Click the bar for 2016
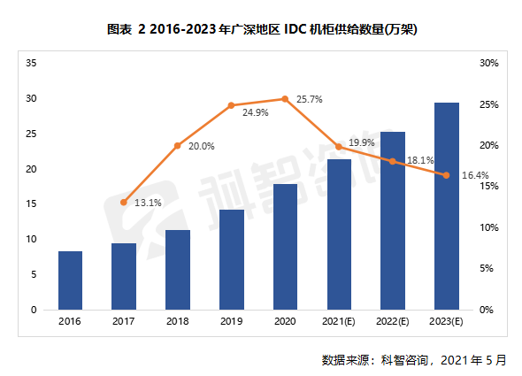[71, 280]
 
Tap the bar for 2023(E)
[446, 206]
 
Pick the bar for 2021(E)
[339, 234]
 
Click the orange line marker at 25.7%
[285, 99]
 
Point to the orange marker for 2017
[124, 203]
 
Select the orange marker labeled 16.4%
[446, 175]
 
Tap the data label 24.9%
[255, 113]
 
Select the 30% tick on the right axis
[488, 64]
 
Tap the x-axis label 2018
[178, 321]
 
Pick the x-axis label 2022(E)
[392, 321]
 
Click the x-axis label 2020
[285, 321]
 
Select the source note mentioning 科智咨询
[416, 360]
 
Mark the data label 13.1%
[148, 202]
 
